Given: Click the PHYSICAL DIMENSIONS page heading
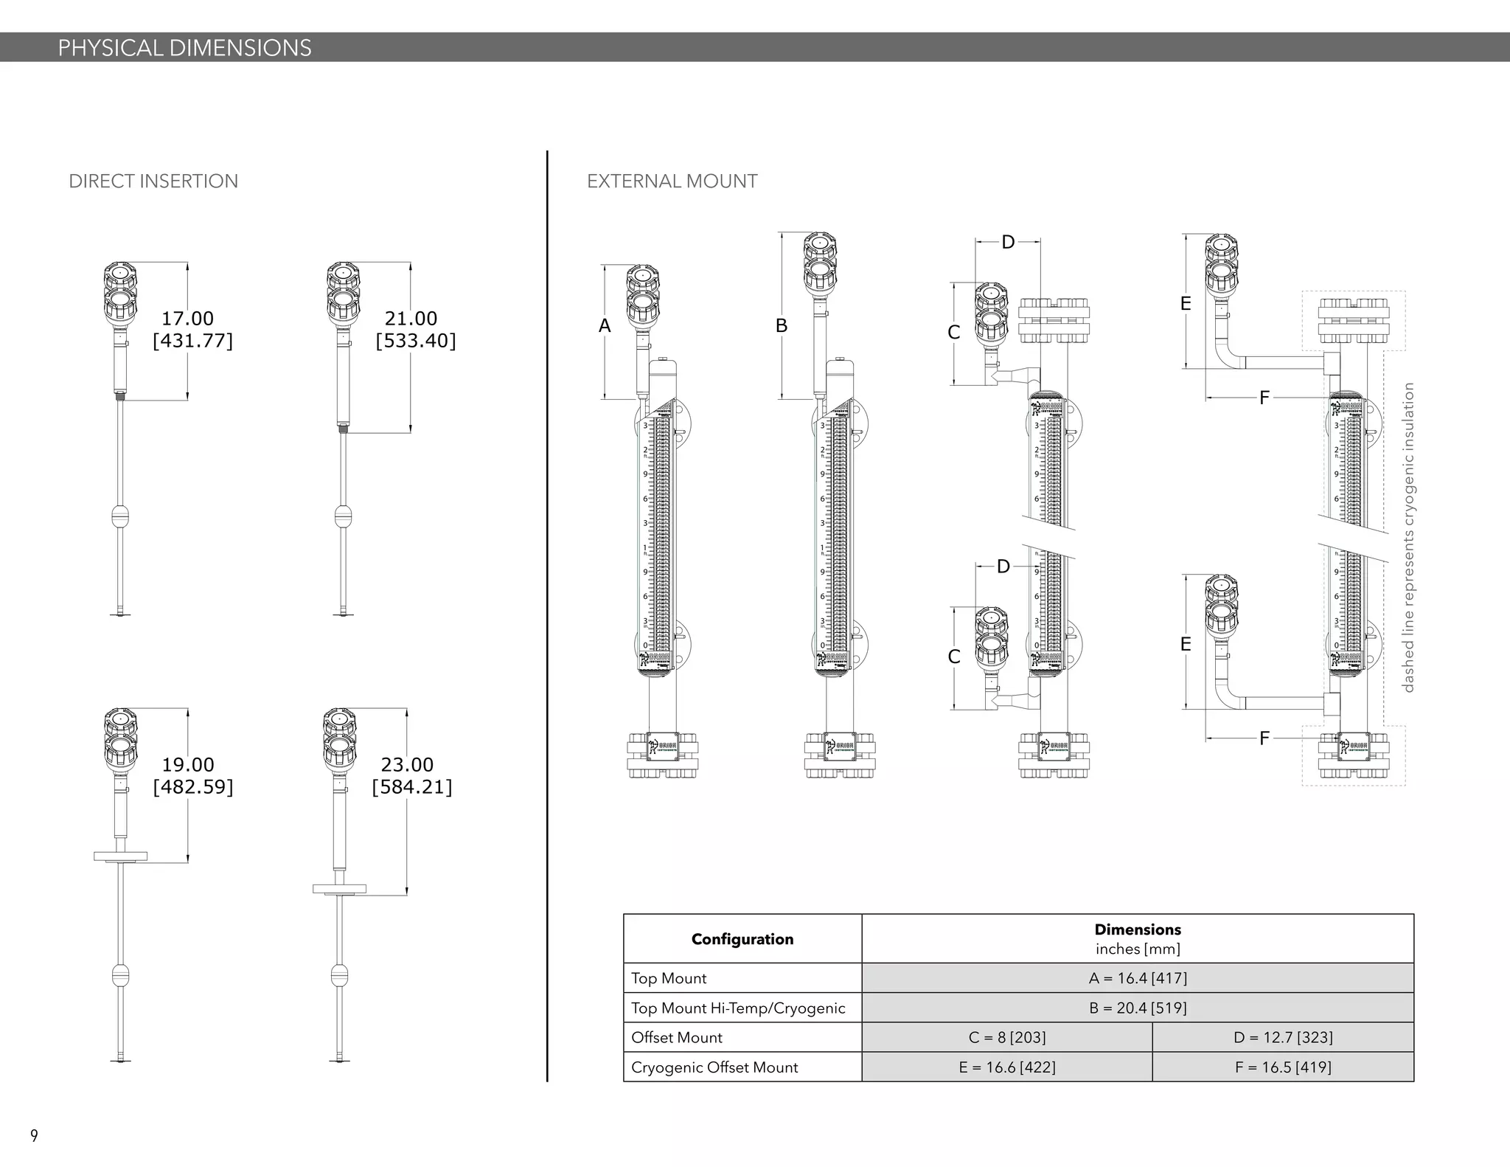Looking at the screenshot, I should tap(184, 48).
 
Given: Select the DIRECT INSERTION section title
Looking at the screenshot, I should tap(153, 181).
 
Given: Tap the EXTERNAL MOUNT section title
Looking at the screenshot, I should tap(672, 181).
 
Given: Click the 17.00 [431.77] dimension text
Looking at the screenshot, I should tap(192, 330).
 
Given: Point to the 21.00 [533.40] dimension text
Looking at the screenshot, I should tap(415, 330).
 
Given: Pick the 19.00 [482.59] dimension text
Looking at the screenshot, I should tap(192, 776).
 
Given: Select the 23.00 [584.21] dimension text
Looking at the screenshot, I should tap(411, 776).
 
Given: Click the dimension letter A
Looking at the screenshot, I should tap(605, 326).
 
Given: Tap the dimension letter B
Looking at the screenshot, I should tap(782, 326).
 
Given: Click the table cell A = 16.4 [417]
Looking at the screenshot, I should tap(1137, 978).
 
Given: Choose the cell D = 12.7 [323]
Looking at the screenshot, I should tap(1282, 1037).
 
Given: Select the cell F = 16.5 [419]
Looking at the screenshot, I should tap(1282, 1067).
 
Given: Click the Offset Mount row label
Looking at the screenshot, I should tap(676, 1038).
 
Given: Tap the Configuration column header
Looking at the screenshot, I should tap(742, 939).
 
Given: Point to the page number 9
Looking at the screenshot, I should tap(34, 1135).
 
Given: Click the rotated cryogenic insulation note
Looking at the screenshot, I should tap(1408, 537).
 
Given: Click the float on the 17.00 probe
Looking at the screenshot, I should tap(120, 516).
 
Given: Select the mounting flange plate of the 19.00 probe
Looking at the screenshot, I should tap(120, 856).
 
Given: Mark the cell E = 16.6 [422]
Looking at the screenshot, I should tap(1006, 1067).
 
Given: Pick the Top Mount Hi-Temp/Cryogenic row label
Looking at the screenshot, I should tap(737, 1008).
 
